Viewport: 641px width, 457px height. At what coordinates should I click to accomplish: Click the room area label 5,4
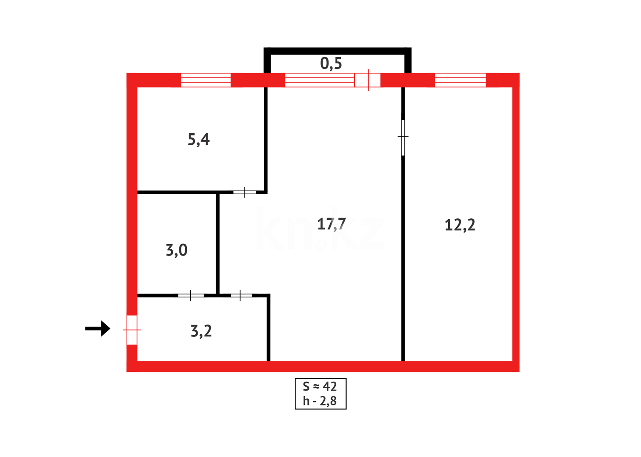pyautogui.click(x=198, y=139)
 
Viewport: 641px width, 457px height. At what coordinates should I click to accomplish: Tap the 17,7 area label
pyautogui.click(x=331, y=224)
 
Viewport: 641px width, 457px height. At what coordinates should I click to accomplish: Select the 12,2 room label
pyautogui.click(x=460, y=225)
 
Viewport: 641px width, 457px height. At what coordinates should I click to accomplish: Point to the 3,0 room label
pyautogui.click(x=176, y=250)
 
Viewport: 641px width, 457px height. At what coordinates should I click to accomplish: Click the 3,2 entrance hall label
pyautogui.click(x=201, y=331)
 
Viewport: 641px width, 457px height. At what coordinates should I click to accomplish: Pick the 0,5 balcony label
pyautogui.click(x=331, y=63)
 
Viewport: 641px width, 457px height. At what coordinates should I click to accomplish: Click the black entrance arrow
pyautogui.click(x=98, y=328)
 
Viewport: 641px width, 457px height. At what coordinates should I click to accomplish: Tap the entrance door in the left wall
pyautogui.click(x=132, y=330)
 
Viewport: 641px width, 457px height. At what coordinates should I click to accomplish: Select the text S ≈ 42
pyautogui.click(x=320, y=386)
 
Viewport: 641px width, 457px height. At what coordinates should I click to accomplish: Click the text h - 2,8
pyautogui.click(x=320, y=401)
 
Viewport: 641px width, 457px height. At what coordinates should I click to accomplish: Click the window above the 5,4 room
pyautogui.click(x=206, y=80)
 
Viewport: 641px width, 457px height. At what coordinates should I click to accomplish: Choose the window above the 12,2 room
pyautogui.click(x=460, y=80)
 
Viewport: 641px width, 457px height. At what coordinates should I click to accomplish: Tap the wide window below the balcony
pyautogui.click(x=319, y=80)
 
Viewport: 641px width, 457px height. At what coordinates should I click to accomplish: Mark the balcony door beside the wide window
pyautogui.click(x=367, y=80)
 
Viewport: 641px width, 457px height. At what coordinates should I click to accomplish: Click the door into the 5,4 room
pyautogui.click(x=244, y=193)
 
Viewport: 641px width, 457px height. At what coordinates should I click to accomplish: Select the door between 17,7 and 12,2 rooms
pyautogui.click(x=403, y=137)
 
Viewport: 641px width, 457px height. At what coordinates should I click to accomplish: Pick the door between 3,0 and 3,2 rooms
pyautogui.click(x=191, y=295)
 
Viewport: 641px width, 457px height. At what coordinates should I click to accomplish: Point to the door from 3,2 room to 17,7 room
pyautogui.click(x=241, y=295)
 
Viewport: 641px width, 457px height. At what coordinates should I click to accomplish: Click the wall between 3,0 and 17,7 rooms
pyautogui.click(x=218, y=243)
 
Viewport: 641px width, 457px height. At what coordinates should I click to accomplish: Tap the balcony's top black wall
pyautogui.click(x=337, y=51)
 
